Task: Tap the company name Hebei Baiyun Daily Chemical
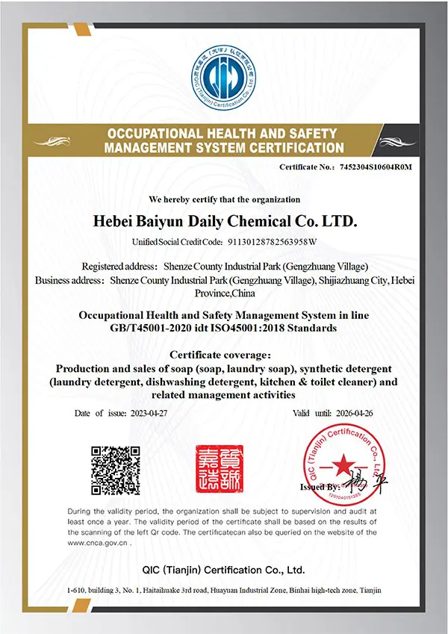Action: (x=224, y=222)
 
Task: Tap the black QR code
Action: (x=116, y=470)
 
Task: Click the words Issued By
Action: (x=320, y=487)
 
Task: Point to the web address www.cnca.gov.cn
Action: (x=98, y=544)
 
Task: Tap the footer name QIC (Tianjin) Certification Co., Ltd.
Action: (x=224, y=570)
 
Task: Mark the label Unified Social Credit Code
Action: (x=177, y=242)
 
